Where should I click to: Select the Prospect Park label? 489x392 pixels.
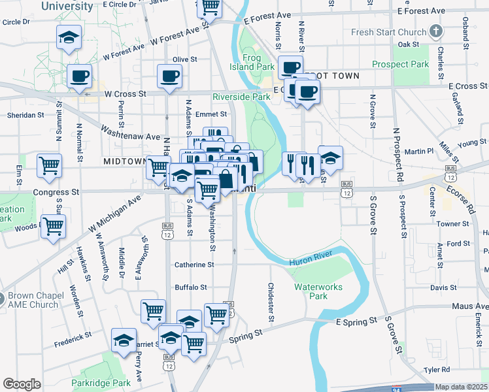[401, 64]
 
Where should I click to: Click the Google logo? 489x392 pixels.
[22, 384]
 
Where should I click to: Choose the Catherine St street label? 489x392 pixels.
[194, 265]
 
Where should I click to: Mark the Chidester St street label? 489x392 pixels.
[270, 302]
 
